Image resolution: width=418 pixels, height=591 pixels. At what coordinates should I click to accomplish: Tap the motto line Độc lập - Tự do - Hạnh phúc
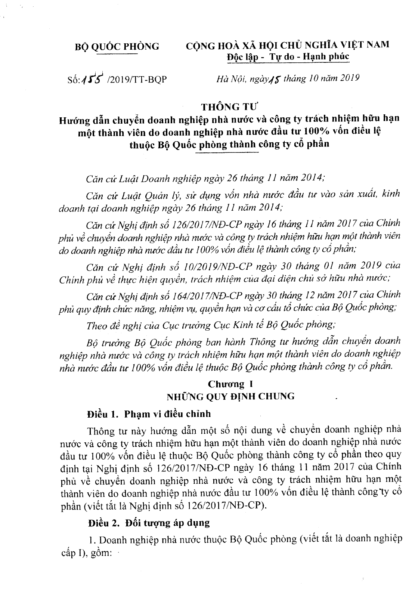pos(288,56)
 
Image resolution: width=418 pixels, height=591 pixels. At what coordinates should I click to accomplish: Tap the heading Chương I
pos(226,384)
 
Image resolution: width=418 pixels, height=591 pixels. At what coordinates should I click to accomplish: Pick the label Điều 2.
pos(103,523)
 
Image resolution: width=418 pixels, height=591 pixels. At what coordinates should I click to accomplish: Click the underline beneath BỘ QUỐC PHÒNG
pos(117,55)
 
